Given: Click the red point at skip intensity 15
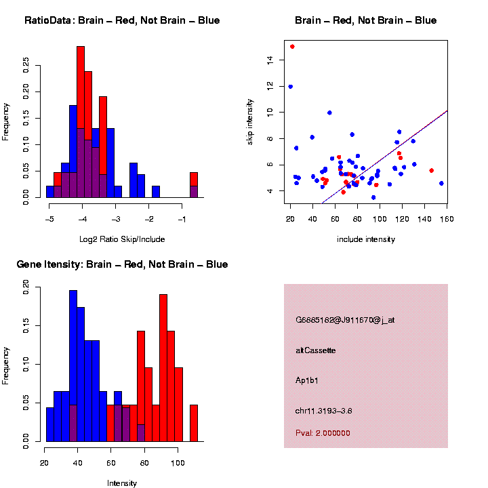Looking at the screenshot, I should click(x=292, y=47).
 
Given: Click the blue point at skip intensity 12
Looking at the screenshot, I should click(x=291, y=87).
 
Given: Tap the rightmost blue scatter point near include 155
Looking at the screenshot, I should click(x=441, y=183).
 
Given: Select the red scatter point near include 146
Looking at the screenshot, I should click(x=431, y=171).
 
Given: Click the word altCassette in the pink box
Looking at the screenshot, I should click(x=316, y=350).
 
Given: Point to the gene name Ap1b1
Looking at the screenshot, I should click(x=307, y=380).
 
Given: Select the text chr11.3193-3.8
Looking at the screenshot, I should click(x=323, y=411).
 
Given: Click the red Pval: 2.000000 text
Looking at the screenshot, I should click(x=323, y=432).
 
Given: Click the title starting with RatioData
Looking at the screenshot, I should click(x=122, y=20).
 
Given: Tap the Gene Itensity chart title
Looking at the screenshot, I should click(x=122, y=264).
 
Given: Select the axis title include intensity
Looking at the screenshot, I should click(x=366, y=239).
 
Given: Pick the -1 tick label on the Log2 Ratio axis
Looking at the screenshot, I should click(x=182, y=220).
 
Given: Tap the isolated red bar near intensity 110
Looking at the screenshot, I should click(x=193, y=424).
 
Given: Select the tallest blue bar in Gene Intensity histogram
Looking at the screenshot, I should click(x=73, y=366).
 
